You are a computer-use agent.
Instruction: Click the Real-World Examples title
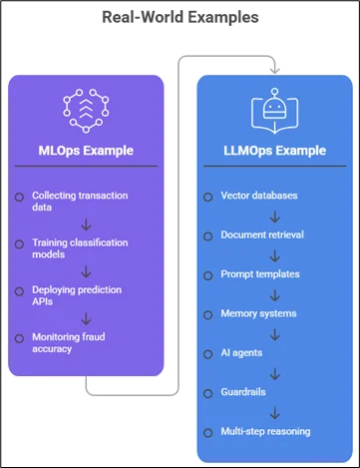point(180,17)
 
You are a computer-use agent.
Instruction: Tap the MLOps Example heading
point(86,151)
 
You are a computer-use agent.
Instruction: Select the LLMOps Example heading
point(274,151)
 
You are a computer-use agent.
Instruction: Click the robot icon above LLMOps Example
point(274,111)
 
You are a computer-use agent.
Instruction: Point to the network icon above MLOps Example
point(86,111)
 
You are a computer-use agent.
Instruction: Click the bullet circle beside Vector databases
point(208,198)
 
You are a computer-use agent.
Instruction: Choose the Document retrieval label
point(262,234)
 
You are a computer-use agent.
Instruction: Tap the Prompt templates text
point(260,274)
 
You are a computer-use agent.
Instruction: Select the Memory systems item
point(258,313)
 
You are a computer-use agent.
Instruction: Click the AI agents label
point(241,353)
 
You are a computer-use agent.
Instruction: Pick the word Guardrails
point(243,392)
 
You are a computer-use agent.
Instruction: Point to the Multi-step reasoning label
point(265,432)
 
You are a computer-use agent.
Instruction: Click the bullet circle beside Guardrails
point(208,394)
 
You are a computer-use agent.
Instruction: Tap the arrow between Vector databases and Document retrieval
point(274,217)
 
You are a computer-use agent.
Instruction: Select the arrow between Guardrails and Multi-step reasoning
point(274,413)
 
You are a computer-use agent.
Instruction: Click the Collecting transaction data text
point(80,202)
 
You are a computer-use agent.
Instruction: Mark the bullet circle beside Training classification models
point(19,244)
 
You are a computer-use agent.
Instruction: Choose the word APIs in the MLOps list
point(42,301)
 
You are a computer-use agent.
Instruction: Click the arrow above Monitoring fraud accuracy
point(86,319)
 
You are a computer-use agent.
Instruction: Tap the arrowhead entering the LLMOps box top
point(274,70)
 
